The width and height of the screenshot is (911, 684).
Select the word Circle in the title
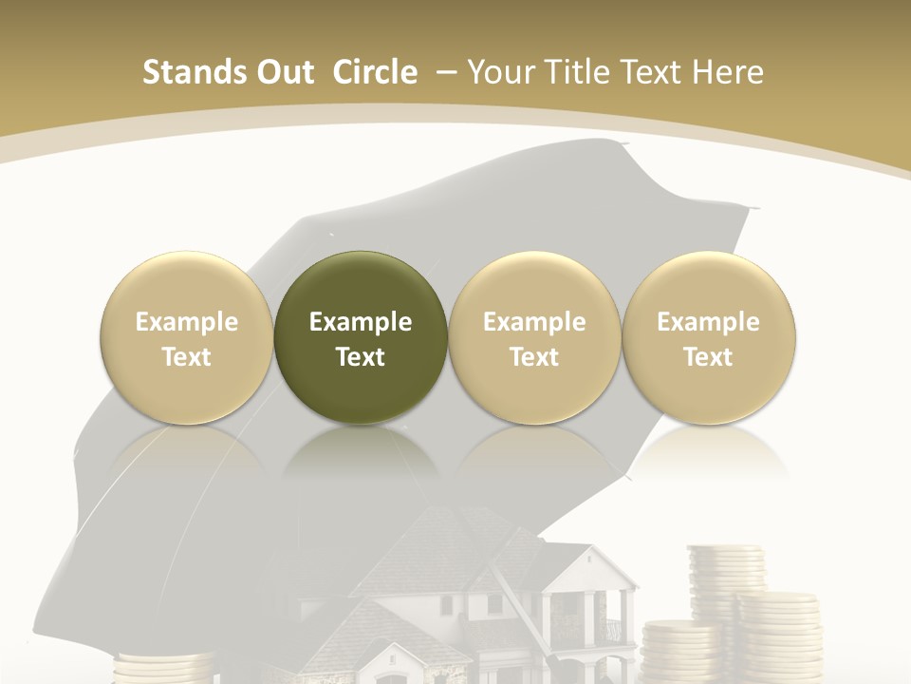[375, 72]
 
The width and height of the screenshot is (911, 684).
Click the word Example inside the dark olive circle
[361, 322]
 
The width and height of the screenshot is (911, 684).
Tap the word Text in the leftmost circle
[187, 357]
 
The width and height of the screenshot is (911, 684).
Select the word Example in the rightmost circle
[709, 322]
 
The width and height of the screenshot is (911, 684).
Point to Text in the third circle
[534, 357]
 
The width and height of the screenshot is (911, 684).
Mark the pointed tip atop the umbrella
[623, 144]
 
